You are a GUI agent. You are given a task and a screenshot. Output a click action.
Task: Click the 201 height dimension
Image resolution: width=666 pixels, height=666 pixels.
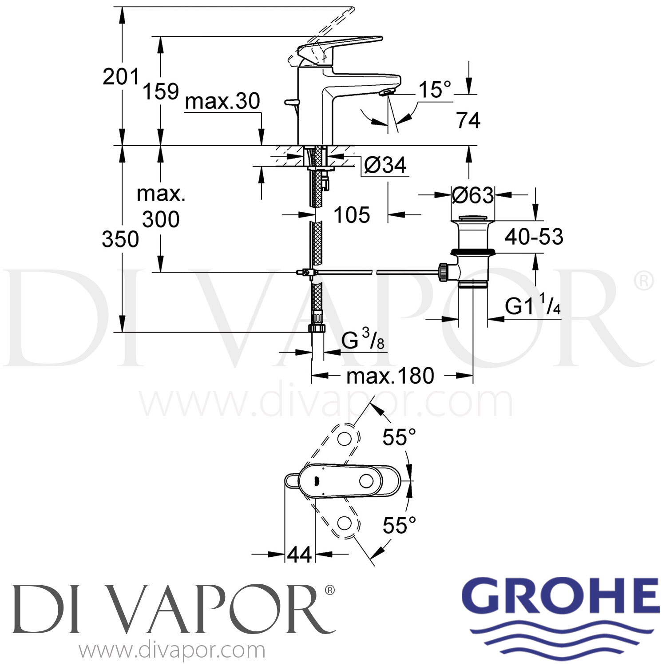pyautogui.click(x=121, y=77)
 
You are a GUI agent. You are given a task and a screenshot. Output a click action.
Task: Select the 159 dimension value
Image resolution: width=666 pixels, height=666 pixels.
pyautogui.click(x=160, y=91)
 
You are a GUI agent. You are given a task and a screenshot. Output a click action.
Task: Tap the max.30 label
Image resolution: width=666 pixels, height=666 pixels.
pyautogui.click(x=222, y=101)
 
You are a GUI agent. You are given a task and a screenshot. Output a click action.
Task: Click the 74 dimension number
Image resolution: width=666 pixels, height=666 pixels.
pyautogui.click(x=468, y=120)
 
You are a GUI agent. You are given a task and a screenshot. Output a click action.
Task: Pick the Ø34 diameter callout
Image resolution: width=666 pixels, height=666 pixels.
pyautogui.click(x=385, y=166)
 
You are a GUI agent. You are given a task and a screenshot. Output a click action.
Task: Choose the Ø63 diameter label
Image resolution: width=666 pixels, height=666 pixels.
pyautogui.click(x=472, y=195)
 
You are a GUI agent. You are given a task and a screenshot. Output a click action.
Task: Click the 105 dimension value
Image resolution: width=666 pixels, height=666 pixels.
pyautogui.click(x=352, y=215)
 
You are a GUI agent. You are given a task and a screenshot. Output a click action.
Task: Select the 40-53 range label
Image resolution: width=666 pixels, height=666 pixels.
pyautogui.click(x=534, y=237)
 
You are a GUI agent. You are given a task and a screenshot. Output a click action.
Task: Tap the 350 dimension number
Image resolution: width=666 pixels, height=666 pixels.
pyautogui.click(x=120, y=240)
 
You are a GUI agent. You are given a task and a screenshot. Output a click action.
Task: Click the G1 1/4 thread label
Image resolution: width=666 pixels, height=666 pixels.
pyautogui.click(x=532, y=305)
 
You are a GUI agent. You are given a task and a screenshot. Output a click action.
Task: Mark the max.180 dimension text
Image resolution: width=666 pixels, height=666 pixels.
pyautogui.click(x=390, y=376)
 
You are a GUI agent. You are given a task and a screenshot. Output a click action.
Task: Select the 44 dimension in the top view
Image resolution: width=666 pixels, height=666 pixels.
pyautogui.click(x=299, y=555)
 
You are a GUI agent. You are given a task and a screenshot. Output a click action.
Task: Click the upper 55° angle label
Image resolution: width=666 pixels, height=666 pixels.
pyautogui.click(x=399, y=437)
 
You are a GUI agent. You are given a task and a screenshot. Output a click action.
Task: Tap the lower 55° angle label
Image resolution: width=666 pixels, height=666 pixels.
pyautogui.click(x=399, y=526)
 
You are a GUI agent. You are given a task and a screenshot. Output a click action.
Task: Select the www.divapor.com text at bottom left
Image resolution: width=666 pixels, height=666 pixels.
pyautogui.click(x=172, y=651)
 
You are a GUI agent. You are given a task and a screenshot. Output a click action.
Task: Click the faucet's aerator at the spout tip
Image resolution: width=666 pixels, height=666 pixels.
pyautogui.click(x=386, y=92)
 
